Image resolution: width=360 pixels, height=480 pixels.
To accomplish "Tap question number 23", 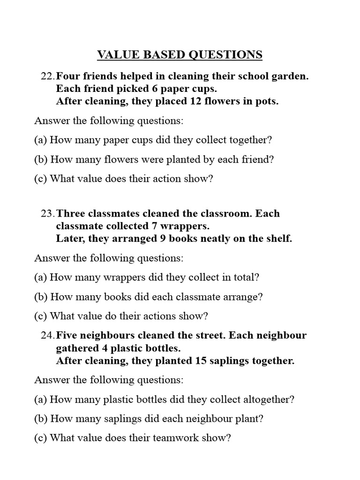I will (48, 213).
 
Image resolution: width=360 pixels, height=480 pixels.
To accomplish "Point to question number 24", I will (48, 336).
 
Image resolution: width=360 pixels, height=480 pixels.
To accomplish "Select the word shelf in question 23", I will (277, 239).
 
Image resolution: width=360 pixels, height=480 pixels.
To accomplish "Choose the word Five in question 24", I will (67, 336).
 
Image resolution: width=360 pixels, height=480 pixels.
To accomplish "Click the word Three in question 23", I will (70, 213).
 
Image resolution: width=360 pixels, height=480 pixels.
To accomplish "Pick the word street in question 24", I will (211, 336).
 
